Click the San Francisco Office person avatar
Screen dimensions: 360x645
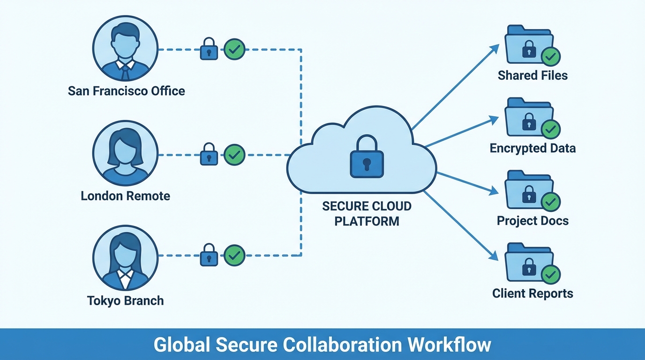coord(125,49)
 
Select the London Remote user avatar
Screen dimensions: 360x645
coord(125,153)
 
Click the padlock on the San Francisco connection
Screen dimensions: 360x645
coord(209,49)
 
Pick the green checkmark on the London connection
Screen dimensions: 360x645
coord(234,154)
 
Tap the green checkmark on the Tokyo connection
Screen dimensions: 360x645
coord(234,255)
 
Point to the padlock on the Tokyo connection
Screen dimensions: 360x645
coord(209,256)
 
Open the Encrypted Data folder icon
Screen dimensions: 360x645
coord(529,118)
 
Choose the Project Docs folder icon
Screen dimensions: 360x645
coord(529,191)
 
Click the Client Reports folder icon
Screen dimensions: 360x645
coord(529,264)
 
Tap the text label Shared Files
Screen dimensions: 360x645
coord(532,75)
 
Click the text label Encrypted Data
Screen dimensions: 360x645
coord(532,149)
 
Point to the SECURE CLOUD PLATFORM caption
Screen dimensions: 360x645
coord(367,214)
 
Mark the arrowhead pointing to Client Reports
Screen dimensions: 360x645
coord(494,256)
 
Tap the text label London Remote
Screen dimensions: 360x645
coord(125,195)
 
